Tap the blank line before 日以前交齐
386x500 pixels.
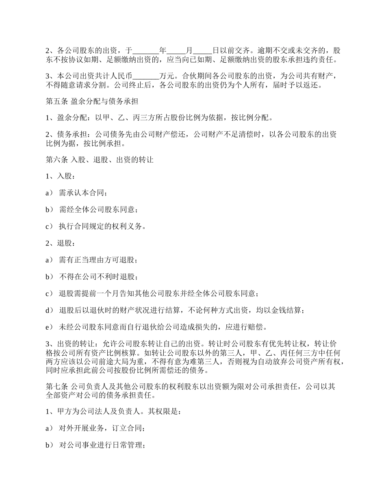[x=202, y=51]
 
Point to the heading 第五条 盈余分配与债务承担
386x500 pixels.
[x=92, y=101]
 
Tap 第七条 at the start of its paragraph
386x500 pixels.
[x=57, y=386]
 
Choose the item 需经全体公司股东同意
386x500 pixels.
[x=98, y=210]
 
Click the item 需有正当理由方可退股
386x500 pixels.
[x=98, y=260]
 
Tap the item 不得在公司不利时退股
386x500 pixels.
[x=98, y=277]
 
